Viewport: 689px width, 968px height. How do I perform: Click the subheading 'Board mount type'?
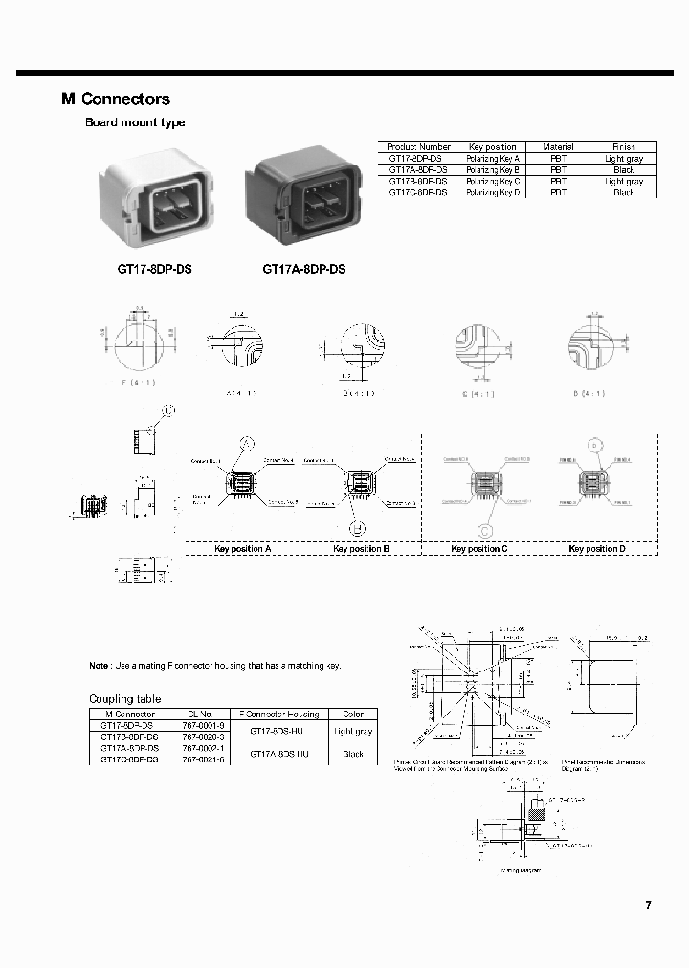point(135,122)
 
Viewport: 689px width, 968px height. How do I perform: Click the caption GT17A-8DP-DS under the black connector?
point(303,270)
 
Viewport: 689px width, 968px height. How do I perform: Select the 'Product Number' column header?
point(418,147)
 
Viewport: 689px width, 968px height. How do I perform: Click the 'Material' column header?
point(558,147)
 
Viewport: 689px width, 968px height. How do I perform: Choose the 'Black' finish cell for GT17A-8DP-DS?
point(624,170)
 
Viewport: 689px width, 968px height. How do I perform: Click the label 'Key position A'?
point(241,549)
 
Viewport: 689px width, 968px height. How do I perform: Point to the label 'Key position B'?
point(361,549)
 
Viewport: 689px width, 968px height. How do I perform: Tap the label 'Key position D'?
point(597,549)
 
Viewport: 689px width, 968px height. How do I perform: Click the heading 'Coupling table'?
point(125,699)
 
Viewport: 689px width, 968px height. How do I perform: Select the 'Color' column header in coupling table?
point(352,715)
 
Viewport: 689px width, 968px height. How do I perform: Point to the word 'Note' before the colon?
point(99,666)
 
